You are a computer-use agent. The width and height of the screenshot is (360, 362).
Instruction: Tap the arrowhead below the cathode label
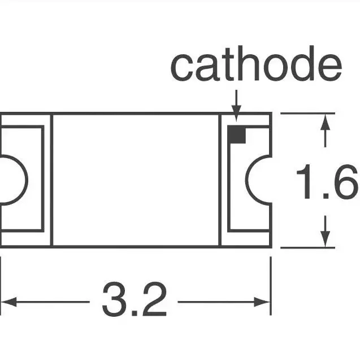tap(236, 115)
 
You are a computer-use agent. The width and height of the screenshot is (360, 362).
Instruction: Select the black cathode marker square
tap(236, 134)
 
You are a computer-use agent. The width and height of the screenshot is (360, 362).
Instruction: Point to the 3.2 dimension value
tap(134, 300)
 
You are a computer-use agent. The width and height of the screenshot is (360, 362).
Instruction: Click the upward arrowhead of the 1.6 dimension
tap(325, 122)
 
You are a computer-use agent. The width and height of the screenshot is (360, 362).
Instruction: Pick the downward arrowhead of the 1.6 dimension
tap(325, 239)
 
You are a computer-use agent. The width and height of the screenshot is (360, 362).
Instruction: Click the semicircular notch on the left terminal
tap(12, 180)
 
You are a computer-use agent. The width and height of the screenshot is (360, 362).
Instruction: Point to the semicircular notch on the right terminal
tap(259, 180)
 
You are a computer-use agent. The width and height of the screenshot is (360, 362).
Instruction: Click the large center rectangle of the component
tap(136, 180)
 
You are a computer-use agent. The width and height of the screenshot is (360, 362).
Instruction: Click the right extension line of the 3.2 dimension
tap(271, 282)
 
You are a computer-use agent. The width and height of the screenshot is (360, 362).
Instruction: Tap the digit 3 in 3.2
tap(115, 300)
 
